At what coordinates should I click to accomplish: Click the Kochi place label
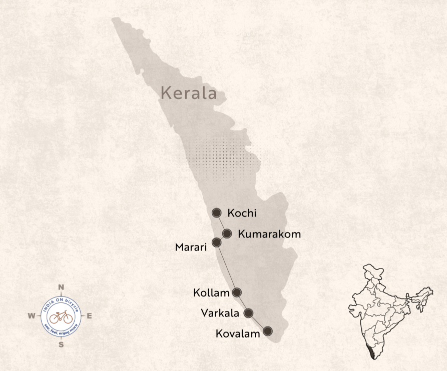(242, 213)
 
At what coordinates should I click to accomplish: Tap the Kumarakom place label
(269, 233)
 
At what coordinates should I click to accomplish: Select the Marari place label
(191, 247)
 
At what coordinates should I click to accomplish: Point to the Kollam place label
(211, 293)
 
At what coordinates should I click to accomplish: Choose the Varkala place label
(220, 313)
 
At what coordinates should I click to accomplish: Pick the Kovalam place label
(238, 333)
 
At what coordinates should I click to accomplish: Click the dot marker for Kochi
(217, 213)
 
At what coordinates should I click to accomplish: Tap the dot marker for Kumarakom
(227, 233)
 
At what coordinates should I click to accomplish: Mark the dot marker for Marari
(217, 242)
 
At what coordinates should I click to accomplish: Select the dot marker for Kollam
(237, 292)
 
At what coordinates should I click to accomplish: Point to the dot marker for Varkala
(248, 313)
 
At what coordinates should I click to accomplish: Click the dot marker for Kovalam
(268, 330)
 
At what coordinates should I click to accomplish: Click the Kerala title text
(189, 93)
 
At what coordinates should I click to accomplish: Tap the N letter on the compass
(61, 287)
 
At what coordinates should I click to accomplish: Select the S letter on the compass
(61, 344)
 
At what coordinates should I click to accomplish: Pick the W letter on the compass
(31, 316)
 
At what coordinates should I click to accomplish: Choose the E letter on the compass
(90, 316)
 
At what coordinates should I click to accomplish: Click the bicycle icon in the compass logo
(61, 317)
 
